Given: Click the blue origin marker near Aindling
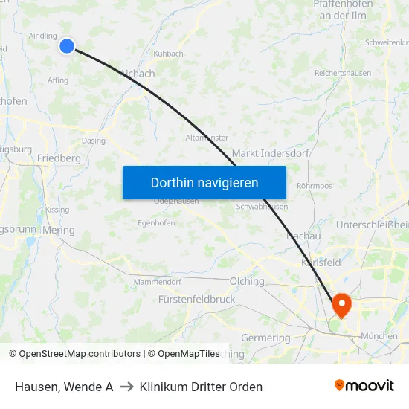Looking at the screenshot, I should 67,46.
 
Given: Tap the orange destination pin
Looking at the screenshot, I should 342,303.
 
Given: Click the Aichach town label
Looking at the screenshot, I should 138,74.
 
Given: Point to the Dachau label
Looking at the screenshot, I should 303,236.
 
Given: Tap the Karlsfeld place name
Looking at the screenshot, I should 321,263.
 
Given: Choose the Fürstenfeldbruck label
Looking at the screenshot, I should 196,299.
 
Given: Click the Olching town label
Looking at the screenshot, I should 248,281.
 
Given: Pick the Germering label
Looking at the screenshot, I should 265,338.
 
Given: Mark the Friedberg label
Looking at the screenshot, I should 59,158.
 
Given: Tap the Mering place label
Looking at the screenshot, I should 59,230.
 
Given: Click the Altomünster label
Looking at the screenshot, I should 207,138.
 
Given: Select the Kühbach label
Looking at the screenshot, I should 170,54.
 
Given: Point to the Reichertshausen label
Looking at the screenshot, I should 343,73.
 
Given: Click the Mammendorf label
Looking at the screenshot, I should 157,282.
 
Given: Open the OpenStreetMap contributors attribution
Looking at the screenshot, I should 75,354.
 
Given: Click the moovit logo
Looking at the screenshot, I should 364,385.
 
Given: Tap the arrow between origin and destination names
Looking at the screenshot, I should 126,387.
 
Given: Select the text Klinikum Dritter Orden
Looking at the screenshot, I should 201,387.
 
